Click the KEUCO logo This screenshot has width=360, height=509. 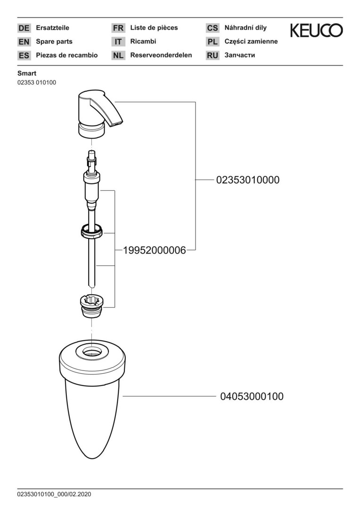[316, 31]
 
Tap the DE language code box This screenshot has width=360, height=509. [24, 28]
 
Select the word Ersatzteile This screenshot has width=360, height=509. [53, 28]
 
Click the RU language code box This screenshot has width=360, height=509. [213, 56]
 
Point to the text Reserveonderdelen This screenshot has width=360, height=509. [161, 55]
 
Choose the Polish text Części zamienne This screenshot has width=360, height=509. [251, 41]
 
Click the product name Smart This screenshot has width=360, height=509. [27, 74]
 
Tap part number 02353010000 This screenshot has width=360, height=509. [248, 180]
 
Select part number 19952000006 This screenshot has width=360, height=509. [155, 250]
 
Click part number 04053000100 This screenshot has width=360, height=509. [252, 396]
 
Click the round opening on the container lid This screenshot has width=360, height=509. [92, 352]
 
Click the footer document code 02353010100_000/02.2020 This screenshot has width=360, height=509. [54, 494]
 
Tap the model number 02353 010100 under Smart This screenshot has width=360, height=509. [37, 83]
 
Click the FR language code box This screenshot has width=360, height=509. [118, 28]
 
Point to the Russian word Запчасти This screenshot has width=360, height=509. [239, 55]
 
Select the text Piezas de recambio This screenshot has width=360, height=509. [67, 55]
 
